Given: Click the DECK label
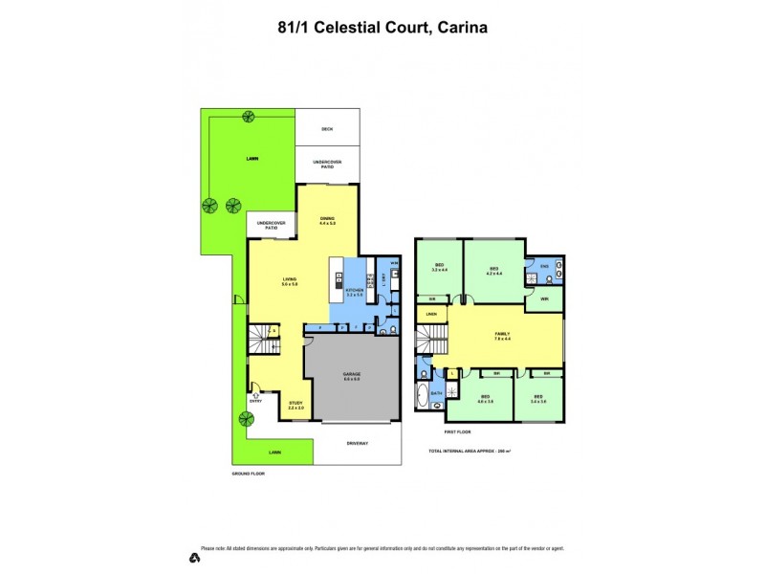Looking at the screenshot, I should (327, 128).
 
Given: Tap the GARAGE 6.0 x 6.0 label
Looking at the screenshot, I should (351, 378).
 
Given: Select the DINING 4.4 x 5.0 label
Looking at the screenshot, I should (328, 221).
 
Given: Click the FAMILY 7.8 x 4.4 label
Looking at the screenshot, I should (502, 336).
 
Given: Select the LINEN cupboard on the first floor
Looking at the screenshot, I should (431, 314).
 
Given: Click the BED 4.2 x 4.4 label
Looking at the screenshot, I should (494, 271).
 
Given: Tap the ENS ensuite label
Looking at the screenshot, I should (544, 265).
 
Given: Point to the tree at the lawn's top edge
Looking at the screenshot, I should (248, 118).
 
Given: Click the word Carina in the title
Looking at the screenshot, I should (463, 28).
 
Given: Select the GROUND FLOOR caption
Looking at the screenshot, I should (248, 474).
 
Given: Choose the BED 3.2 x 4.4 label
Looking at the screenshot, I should (439, 269).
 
